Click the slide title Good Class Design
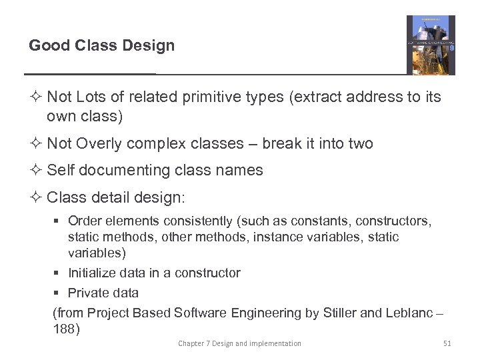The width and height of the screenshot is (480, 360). click(x=101, y=46)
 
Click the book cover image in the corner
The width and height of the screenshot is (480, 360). click(x=431, y=45)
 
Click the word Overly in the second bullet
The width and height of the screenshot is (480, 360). click(x=99, y=144)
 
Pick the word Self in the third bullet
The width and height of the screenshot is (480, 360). click(x=59, y=171)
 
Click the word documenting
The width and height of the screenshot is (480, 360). click(x=121, y=171)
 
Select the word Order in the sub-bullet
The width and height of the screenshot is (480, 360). click(x=84, y=221)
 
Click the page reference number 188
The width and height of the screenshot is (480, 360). click(x=66, y=329)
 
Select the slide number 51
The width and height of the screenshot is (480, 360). click(x=447, y=343)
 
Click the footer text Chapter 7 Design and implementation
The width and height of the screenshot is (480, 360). click(x=239, y=343)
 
